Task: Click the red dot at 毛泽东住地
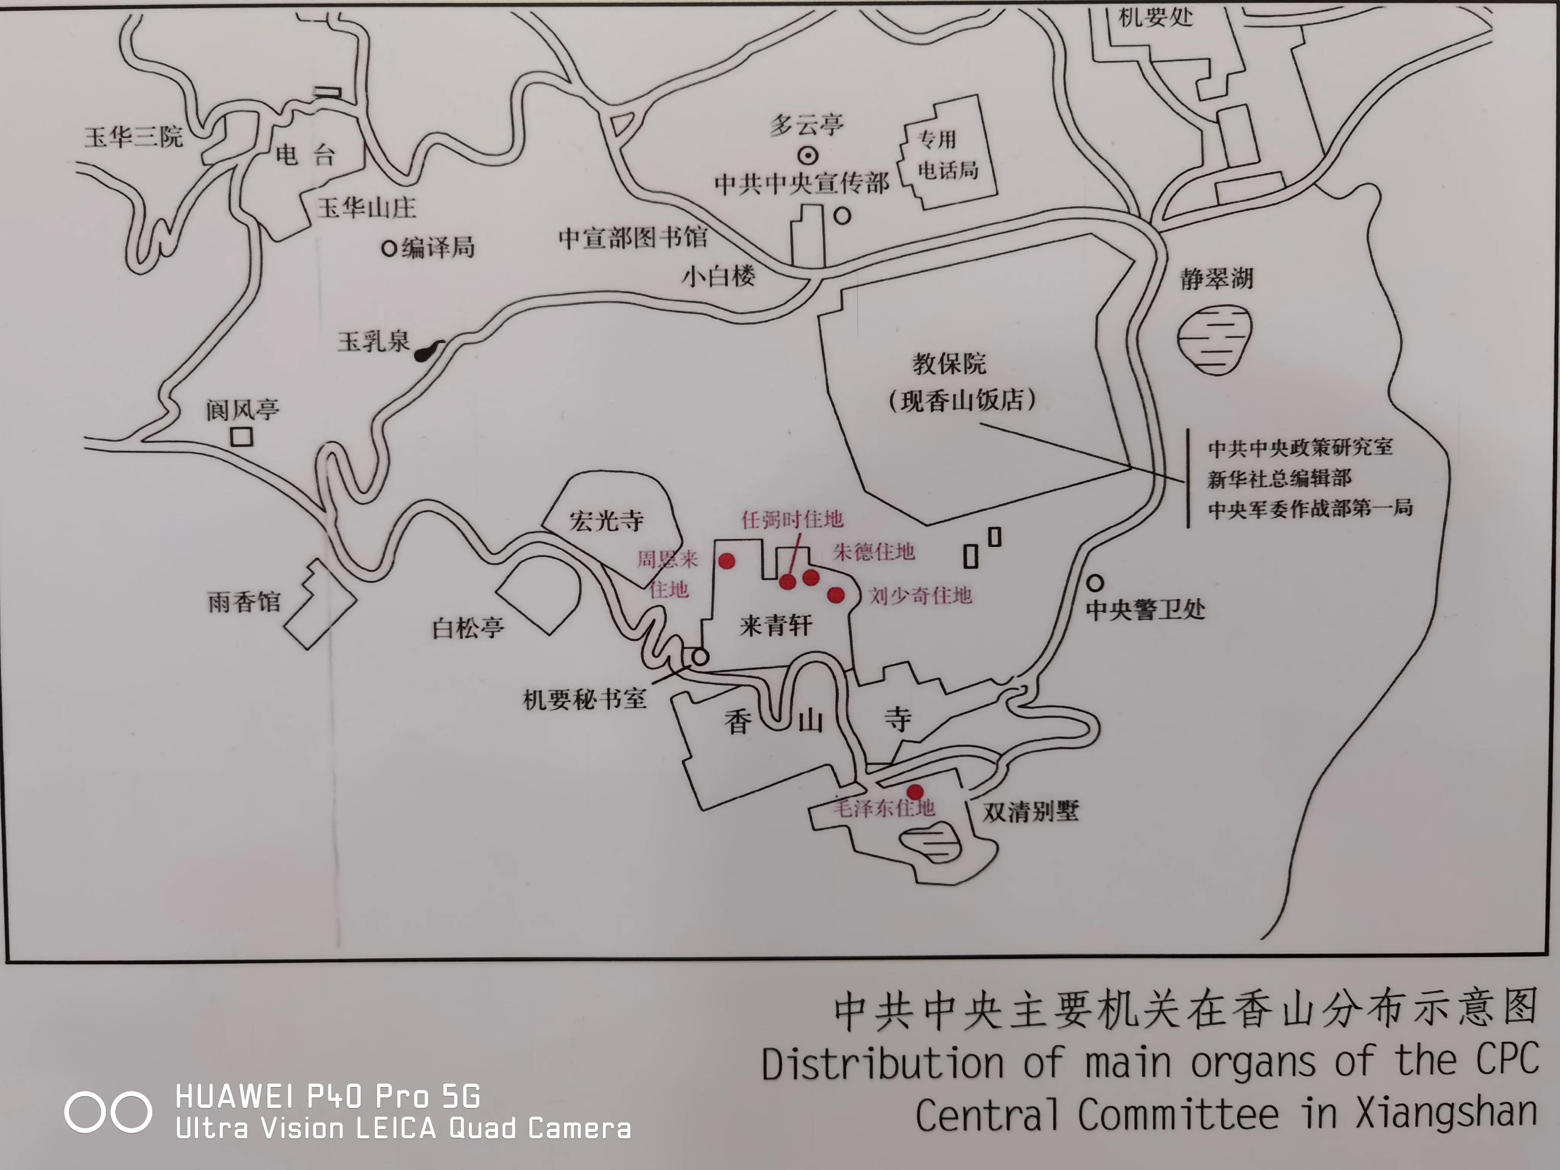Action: (x=915, y=792)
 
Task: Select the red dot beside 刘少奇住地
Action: (x=836, y=595)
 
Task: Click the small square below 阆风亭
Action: (x=242, y=437)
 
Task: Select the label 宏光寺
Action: (x=606, y=521)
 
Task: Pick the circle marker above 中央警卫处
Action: (x=1095, y=583)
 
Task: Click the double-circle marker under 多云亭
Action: (x=807, y=155)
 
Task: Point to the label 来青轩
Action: (x=776, y=625)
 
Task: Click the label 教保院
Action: (x=949, y=364)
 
